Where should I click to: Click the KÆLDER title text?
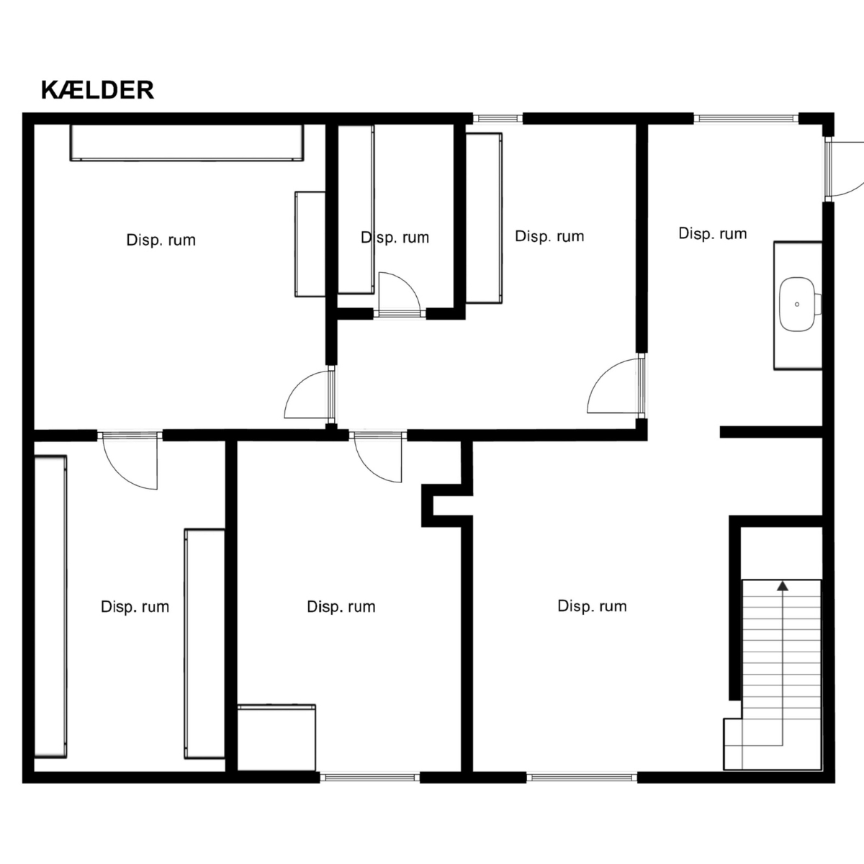[x=97, y=90]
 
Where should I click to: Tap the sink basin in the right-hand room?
[x=798, y=305]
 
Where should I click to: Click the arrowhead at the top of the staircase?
[x=783, y=585]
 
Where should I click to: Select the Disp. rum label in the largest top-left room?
[x=161, y=240]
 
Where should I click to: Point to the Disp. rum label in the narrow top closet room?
[x=395, y=237]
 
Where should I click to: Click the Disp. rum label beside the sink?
[x=713, y=233]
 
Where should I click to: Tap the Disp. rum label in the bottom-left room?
[x=135, y=607]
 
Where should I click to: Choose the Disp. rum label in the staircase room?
[x=592, y=606]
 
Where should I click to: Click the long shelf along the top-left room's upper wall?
[x=186, y=143]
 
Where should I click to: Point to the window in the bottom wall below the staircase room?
[x=582, y=778]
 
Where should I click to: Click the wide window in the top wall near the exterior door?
[x=746, y=119]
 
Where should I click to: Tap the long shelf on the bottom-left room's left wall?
[x=50, y=607]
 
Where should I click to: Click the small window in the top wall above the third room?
[x=498, y=119]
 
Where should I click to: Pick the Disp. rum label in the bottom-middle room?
[x=341, y=607]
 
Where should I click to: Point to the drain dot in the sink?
[x=797, y=305]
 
